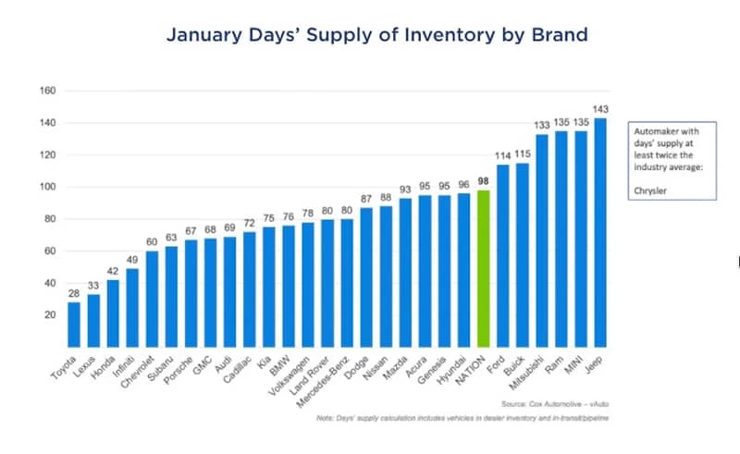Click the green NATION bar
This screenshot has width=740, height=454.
coord(483,268)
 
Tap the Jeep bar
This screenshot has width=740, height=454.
coord(600,232)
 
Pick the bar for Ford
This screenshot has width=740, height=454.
coord(503,255)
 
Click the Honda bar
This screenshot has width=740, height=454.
coord(114,313)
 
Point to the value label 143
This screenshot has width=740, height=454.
coord(600,110)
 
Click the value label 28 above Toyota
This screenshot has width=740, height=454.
coord(74,294)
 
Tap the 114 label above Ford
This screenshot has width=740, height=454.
coord(503,156)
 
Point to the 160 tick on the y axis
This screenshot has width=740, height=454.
coord(48,91)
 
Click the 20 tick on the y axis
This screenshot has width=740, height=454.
coord(51,314)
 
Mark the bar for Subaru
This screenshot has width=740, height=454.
coord(172,296)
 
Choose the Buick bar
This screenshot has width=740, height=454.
coord(523,254)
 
